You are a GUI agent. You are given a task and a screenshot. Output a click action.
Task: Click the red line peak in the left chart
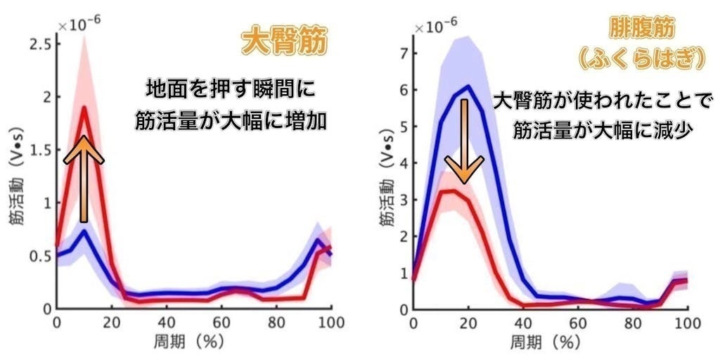[84, 108]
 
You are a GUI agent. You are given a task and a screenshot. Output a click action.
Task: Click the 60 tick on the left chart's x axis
[222, 322]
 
